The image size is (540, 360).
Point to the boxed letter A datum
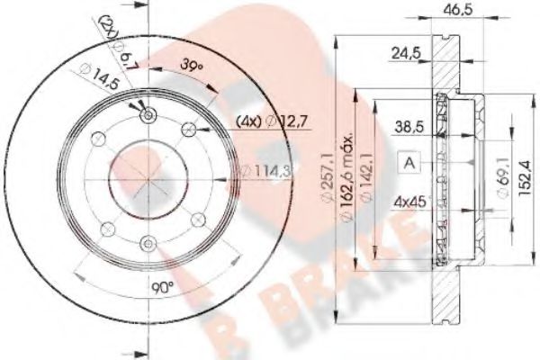click(409, 163)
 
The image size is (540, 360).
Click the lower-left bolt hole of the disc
click(109, 227)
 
